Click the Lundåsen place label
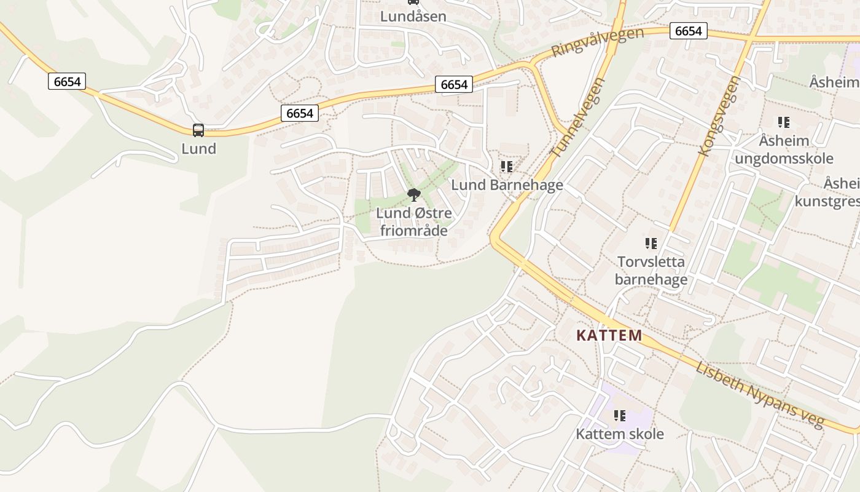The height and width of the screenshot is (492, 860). click(x=413, y=17)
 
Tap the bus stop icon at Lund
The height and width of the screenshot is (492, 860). click(x=198, y=130)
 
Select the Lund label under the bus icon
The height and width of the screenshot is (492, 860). click(x=198, y=149)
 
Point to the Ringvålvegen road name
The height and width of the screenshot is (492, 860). click(x=598, y=42)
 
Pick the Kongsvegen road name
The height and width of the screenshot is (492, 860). click(x=721, y=116)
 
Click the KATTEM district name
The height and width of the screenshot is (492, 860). click(x=609, y=336)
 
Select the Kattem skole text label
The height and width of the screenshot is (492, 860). click(x=619, y=434)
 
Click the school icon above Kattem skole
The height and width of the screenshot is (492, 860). click(x=619, y=416)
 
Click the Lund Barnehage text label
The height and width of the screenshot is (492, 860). click(x=507, y=185)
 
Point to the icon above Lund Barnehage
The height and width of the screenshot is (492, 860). click(x=507, y=167)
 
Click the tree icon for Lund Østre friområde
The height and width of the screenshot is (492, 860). click(x=414, y=196)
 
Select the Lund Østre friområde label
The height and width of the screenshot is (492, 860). click(x=414, y=222)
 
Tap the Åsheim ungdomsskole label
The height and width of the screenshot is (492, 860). click(x=784, y=149)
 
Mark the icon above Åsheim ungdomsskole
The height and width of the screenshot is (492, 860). click(x=784, y=122)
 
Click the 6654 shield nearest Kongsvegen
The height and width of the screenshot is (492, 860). click(x=688, y=31)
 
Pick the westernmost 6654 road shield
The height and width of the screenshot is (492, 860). click(x=67, y=81)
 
